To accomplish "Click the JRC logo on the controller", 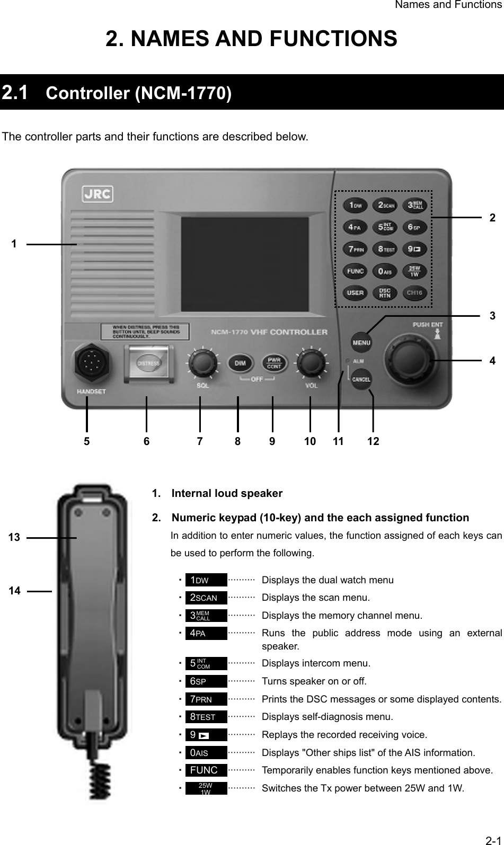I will coord(97,194).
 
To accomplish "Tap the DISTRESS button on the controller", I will coord(149,363).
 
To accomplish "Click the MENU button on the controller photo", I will coord(361,342).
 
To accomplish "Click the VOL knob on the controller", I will coord(311,362).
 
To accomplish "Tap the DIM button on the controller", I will coord(240,363).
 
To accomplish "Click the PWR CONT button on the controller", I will coord(273,363).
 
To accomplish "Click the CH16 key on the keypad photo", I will coord(414,292).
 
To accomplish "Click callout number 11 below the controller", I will coord(338,441).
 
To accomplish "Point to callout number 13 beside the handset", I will coord(14,537).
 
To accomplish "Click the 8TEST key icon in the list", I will coord(206,717).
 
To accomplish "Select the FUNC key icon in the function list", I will coord(206,770).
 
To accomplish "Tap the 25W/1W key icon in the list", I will coord(206,788).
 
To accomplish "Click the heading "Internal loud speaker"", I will coord(227,493).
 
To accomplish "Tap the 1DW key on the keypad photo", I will coord(355,205).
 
